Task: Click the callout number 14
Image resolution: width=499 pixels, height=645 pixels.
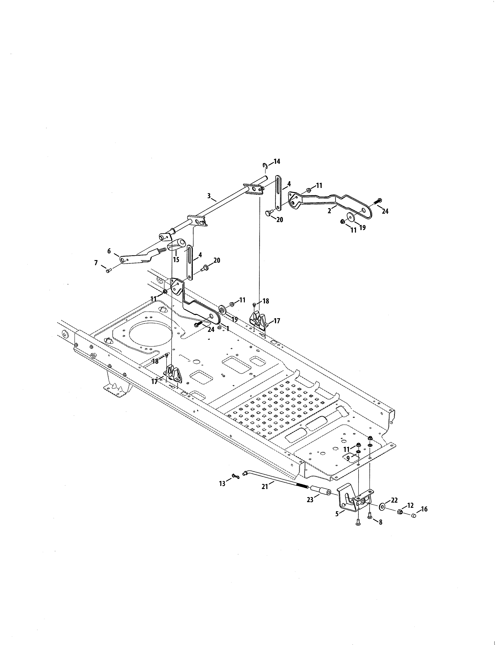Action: (277, 162)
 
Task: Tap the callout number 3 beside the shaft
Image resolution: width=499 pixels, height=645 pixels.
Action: (209, 195)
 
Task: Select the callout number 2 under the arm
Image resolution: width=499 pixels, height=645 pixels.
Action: (329, 211)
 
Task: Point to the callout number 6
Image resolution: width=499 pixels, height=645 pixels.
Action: (109, 251)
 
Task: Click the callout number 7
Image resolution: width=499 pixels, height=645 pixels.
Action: (96, 262)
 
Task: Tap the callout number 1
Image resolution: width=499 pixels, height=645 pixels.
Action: (228, 328)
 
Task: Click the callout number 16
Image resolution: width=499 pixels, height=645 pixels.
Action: (424, 509)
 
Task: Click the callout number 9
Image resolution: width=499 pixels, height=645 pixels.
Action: (348, 458)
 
